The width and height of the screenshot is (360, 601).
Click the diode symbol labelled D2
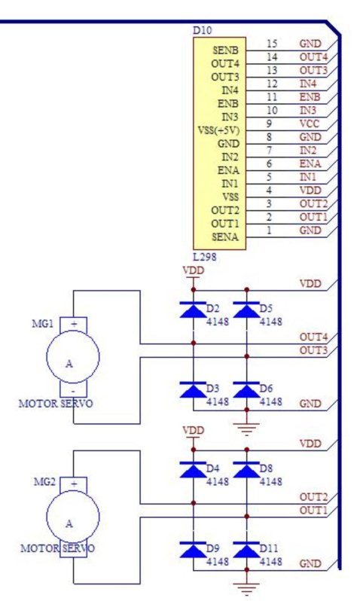click(193, 310)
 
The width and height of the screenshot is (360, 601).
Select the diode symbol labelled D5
click(246, 310)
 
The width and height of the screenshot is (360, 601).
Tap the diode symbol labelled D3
click(193, 390)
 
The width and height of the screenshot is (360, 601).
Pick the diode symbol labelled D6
click(246, 390)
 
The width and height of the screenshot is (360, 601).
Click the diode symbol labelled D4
click(193, 470)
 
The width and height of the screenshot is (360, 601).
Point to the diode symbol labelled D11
click(246, 550)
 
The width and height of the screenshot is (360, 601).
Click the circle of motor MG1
click(73, 357)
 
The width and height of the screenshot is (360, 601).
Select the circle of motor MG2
click(73, 517)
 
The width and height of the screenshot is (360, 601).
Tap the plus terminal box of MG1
click(73, 325)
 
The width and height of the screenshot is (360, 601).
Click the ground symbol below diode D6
click(246, 429)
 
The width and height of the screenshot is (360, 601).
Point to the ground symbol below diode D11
click(246, 589)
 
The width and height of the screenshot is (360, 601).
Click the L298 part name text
click(204, 257)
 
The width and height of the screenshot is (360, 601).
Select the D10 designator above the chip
click(202, 31)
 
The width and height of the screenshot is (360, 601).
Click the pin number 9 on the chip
click(269, 124)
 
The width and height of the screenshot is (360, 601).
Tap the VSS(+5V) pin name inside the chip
click(218, 130)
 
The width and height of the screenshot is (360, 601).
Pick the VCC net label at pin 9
click(309, 124)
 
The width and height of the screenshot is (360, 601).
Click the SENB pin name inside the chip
click(225, 50)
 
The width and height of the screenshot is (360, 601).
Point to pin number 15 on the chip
click(271, 44)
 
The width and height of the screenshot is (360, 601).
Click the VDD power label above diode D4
click(194, 431)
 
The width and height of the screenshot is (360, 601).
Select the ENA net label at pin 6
click(310, 163)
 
